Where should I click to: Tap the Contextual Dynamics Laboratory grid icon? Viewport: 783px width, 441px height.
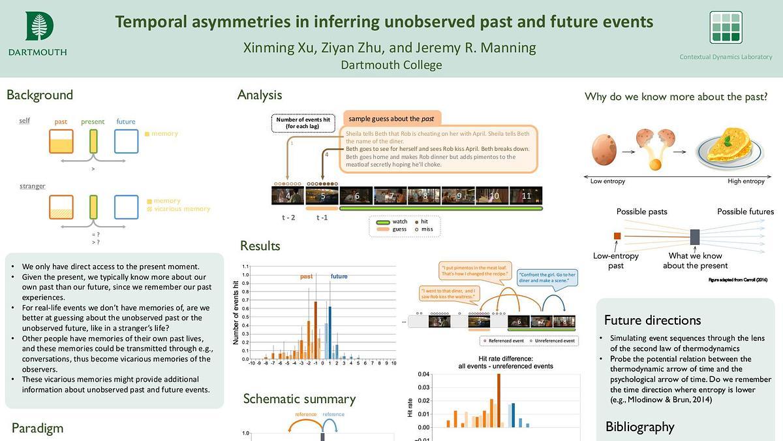pos(726,27)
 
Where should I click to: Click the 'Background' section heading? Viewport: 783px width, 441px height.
pos(40,95)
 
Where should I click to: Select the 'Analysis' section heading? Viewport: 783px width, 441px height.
pos(260,95)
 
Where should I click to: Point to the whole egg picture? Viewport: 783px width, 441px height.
pos(604,148)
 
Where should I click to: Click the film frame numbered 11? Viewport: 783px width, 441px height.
pos(527,195)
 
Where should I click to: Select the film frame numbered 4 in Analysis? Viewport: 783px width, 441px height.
pos(288,195)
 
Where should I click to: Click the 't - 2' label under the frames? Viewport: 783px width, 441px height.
pos(288,218)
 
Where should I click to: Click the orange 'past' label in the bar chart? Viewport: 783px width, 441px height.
pos(306,276)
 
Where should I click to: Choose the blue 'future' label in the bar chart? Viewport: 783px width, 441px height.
pos(339,276)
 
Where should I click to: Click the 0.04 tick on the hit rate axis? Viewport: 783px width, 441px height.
pos(424,374)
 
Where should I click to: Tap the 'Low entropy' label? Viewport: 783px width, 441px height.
pos(607,181)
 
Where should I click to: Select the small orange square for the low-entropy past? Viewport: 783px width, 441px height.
pos(617,236)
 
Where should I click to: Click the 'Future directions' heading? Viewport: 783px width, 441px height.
pos(652,320)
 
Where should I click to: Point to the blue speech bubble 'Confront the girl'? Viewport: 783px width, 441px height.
pos(546,278)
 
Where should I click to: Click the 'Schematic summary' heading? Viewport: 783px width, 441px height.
pos(299,399)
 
